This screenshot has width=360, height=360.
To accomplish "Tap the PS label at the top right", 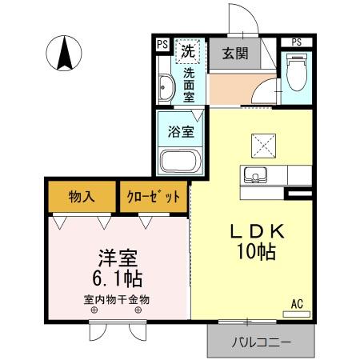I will click(296, 42).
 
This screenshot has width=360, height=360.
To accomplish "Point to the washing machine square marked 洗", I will click(189, 50).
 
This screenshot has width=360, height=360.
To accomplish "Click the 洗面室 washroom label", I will click(189, 84).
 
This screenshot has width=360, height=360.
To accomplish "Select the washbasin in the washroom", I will click(166, 86).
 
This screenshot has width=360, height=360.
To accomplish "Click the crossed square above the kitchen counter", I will click(263, 145).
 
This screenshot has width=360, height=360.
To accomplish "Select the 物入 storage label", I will click(83, 195).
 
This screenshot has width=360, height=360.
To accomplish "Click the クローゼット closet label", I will click(154, 196).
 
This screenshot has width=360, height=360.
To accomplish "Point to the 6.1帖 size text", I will click(116, 279).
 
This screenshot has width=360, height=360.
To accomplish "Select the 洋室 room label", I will click(117, 258).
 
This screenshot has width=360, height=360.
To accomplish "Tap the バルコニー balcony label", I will click(262, 342).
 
